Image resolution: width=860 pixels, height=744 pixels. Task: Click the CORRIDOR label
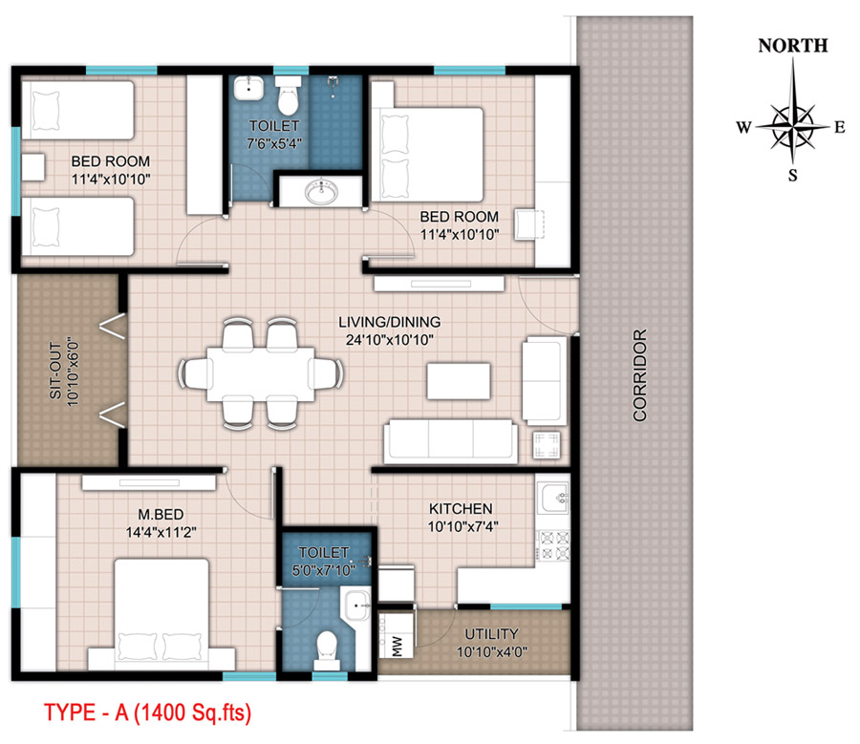click(x=640, y=375)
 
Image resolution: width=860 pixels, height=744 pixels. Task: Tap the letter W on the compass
click(x=743, y=128)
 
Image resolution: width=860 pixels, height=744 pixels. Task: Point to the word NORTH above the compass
click(x=792, y=46)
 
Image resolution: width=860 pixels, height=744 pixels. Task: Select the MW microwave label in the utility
click(x=398, y=647)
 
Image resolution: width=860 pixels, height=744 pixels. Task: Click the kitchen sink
click(x=553, y=498)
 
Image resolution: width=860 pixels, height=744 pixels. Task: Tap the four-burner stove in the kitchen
click(x=553, y=545)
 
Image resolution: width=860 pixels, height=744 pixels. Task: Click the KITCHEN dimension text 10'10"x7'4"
click(x=462, y=527)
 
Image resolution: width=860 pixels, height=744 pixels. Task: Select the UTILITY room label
click(x=491, y=634)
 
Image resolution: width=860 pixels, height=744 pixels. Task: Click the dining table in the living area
click(x=261, y=374)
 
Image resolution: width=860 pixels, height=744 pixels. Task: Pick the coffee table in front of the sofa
click(x=459, y=380)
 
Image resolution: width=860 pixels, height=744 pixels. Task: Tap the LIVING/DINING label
click(x=390, y=322)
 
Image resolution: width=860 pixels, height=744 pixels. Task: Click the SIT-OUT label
click(x=54, y=371)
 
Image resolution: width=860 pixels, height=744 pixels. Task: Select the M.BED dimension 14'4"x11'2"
click(x=161, y=532)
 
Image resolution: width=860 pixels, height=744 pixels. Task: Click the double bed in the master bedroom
click(x=161, y=614)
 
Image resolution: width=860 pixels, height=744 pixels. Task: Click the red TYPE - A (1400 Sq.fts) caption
click(x=147, y=712)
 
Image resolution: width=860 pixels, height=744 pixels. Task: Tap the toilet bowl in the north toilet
click(x=288, y=95)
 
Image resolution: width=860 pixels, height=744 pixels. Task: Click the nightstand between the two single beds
click(x=32, y=167)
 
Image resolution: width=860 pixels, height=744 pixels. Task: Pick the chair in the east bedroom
click(x=529, y=224)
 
